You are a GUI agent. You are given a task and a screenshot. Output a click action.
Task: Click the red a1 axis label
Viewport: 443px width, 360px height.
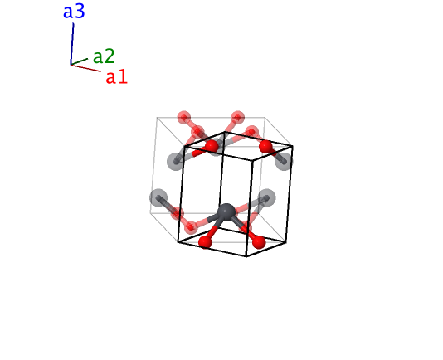coord(117,77)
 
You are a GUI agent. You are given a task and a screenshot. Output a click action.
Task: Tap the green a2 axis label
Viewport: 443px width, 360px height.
coord(104,56)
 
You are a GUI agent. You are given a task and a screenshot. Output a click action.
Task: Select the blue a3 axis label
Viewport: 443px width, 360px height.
coord(74,12)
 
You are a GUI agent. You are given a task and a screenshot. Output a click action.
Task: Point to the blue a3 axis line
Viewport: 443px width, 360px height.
coord(72,44)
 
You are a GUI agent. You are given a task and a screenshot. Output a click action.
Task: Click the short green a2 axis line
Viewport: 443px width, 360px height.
coord(79,61)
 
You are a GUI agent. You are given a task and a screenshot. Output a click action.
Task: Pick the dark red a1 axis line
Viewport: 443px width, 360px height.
coord(85,68)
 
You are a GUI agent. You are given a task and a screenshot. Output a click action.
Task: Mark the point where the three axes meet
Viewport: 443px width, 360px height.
coord(71,65)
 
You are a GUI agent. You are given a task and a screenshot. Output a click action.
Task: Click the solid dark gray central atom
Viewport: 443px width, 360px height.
coord(226,211)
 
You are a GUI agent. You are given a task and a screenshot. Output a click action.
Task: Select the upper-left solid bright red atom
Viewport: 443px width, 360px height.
coord(212,146)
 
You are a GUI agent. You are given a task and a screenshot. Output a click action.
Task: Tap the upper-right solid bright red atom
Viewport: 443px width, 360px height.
coord(265,147)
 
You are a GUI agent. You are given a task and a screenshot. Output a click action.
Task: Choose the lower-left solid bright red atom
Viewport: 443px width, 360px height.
coord(205,242)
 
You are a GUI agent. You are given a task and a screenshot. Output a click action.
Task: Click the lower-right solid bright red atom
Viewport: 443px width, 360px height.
coord(259,242)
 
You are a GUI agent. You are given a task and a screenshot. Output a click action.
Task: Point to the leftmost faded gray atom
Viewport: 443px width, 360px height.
coord(158,197)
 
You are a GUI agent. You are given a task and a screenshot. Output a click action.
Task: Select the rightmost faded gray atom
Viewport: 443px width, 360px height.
coord(284,162)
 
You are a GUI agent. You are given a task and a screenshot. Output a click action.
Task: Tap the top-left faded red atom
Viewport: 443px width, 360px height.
coord(184,118)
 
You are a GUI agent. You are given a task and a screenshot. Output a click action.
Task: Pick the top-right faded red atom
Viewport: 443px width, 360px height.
coord(237,118)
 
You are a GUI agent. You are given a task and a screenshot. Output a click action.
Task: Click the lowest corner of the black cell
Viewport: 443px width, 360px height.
coord(246,256)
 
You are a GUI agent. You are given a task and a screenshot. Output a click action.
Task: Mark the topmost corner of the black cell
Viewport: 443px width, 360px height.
coord(225,132)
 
